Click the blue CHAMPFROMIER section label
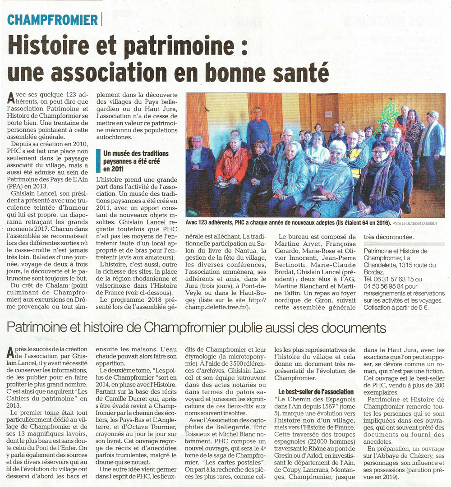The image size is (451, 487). [x=53, y=19]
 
